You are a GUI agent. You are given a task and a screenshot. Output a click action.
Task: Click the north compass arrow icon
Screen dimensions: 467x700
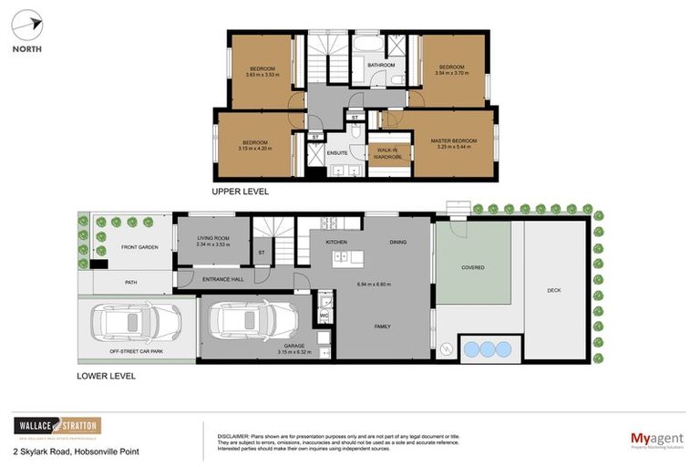[x=28, y=26]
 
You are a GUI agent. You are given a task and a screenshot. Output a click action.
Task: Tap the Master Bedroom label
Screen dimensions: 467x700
[x=453, y=140]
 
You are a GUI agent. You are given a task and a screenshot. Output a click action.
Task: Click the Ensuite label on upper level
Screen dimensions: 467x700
[x=338, y=152]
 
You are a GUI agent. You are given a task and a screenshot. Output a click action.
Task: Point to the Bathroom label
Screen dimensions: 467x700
[x=381, y=66]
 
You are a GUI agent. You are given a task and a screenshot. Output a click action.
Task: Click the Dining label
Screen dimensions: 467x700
[x=397, y=242]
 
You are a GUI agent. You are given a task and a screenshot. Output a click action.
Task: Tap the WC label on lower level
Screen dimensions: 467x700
[x=324, y=316]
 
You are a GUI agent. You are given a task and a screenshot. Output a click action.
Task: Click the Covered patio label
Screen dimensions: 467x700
[x=472, y=267]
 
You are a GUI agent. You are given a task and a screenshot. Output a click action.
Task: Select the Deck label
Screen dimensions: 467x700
[x=553, y=290]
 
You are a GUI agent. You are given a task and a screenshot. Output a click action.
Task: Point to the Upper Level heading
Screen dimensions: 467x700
[x=240, y=192]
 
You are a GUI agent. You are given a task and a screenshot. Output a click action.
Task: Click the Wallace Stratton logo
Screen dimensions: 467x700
[x=57, y=427]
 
